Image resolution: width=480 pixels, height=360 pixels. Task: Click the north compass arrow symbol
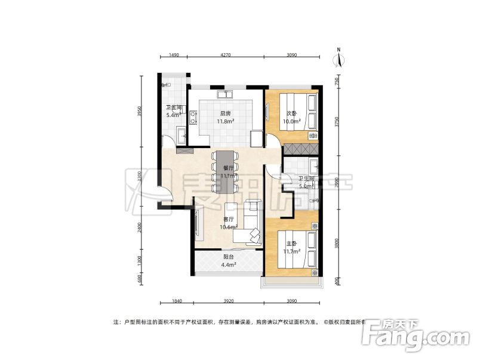[x=339, y=59]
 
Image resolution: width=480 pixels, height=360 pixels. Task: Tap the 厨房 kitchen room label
[x=226, y=113]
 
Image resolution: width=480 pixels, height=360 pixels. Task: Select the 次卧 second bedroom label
[x=291, y=113]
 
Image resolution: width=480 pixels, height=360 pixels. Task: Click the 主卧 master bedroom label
[x=291, y=244]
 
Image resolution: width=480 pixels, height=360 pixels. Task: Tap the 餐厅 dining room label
[x=227, y=169]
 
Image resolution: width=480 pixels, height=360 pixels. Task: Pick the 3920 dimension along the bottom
[x=226, y=301]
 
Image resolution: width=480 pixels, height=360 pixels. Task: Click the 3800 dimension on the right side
[x=337, y=244]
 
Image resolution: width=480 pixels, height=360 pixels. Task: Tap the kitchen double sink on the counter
[x=226, y=94]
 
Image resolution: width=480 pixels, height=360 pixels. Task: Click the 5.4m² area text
[x=173, y=115]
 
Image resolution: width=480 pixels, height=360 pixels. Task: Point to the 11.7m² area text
[x=291, y=252]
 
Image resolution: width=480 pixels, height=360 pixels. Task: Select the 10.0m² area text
[x=291, y=122]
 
